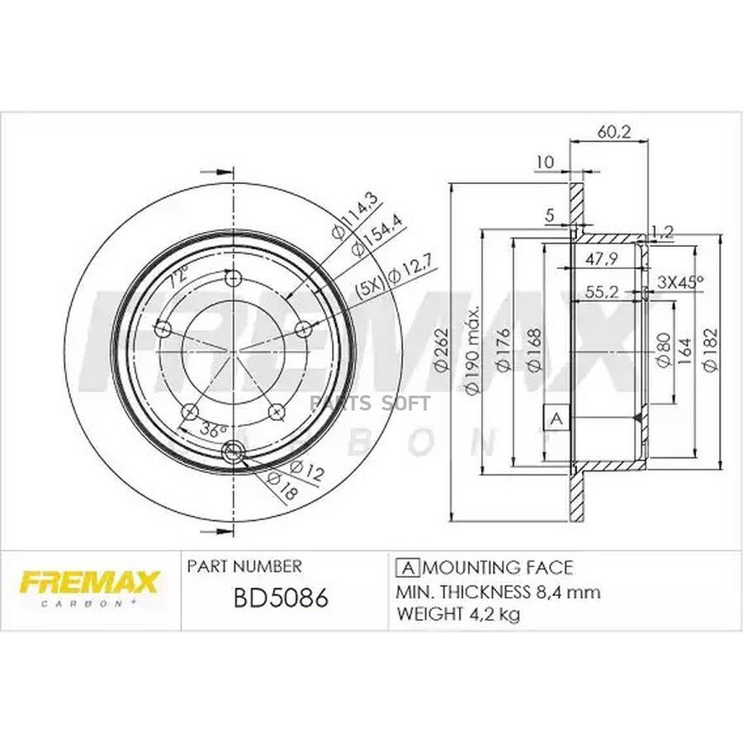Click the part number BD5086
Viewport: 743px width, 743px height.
(281, 599)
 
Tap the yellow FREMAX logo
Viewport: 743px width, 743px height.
(88, 583)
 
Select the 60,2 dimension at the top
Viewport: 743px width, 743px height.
(608, 132)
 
